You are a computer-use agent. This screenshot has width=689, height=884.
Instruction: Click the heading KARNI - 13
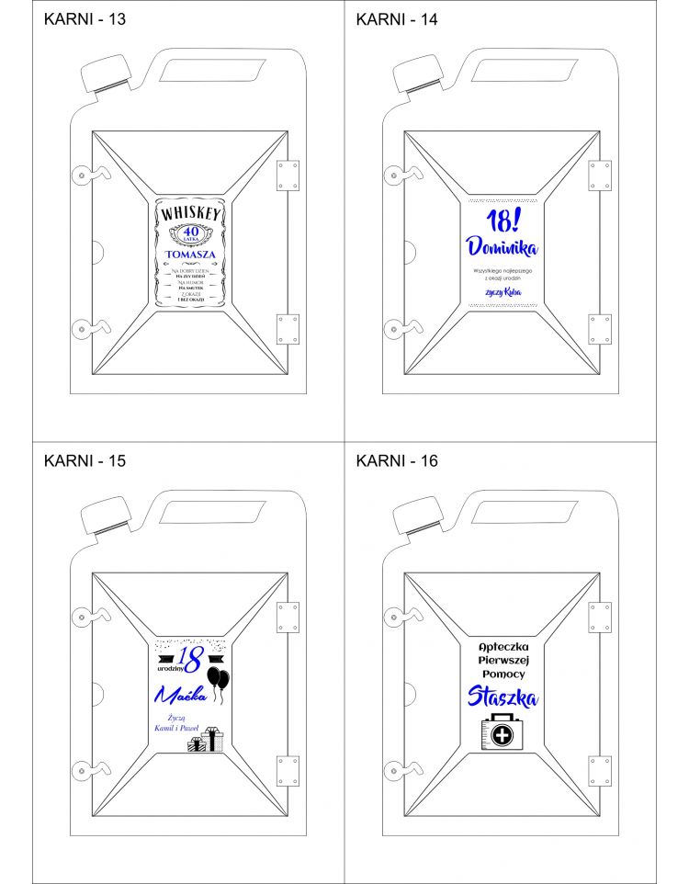[85, 20]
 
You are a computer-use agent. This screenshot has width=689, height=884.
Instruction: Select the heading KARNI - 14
[397, 20]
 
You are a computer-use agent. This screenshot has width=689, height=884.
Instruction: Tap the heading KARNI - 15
[85, 460]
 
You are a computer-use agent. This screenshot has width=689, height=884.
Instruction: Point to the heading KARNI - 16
[397, 460]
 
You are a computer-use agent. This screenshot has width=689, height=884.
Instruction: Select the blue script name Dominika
[502, 247]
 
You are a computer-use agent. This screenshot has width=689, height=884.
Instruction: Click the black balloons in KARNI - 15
[219, 681]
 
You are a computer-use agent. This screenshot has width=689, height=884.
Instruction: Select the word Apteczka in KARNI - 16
[502, 646]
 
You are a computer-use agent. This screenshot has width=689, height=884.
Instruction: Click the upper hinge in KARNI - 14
[600, 175]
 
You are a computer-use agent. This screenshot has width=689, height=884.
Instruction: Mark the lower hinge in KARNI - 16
[600, 770]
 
